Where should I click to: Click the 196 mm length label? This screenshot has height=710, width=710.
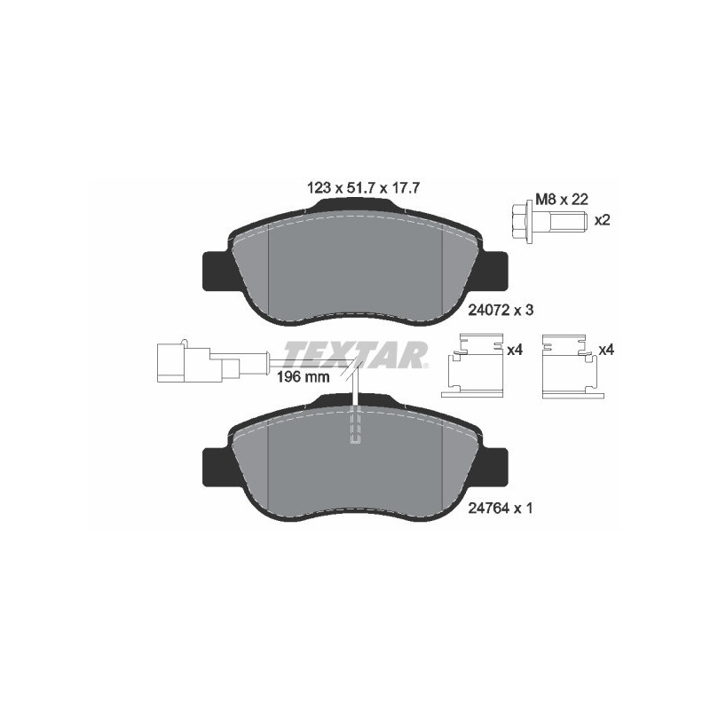[303, 376]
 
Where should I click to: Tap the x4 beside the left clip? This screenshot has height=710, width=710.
[514, 351]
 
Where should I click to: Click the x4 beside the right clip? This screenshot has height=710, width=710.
[606, 351]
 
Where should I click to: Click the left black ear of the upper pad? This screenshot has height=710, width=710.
[217, 270]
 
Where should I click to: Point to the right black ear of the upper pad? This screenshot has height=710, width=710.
[494, 270]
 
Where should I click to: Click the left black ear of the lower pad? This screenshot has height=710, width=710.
[217, 467]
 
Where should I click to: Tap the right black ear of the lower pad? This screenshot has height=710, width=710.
[494, 467]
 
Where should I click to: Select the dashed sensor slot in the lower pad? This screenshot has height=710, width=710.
[356, 426]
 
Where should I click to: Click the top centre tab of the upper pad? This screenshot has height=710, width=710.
[355, 206]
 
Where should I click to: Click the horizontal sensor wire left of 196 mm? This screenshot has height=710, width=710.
[257, 359]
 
